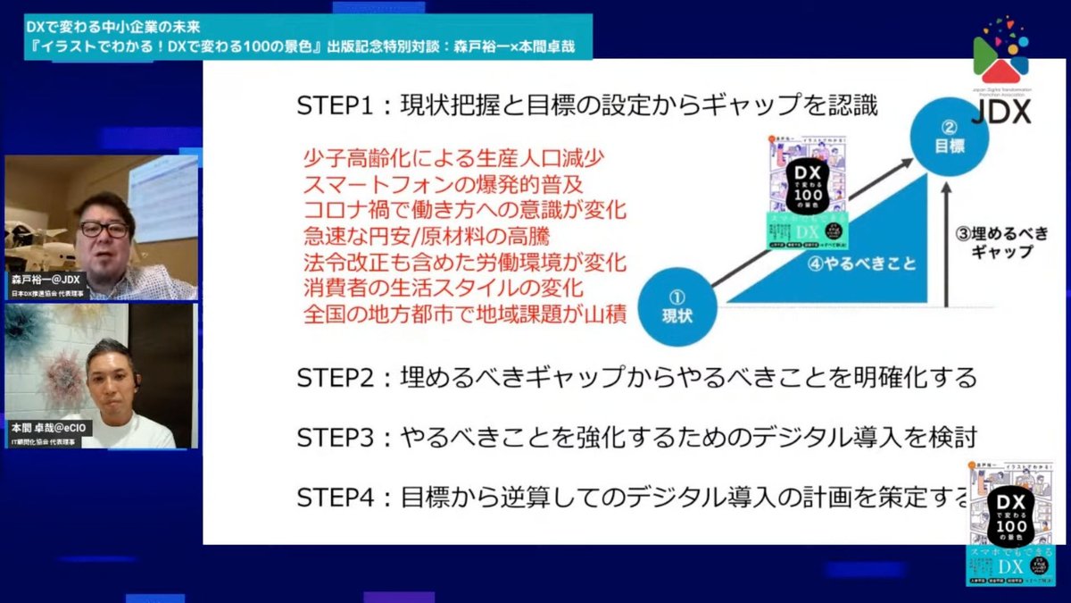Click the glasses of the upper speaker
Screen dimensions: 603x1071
coord(104,229)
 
